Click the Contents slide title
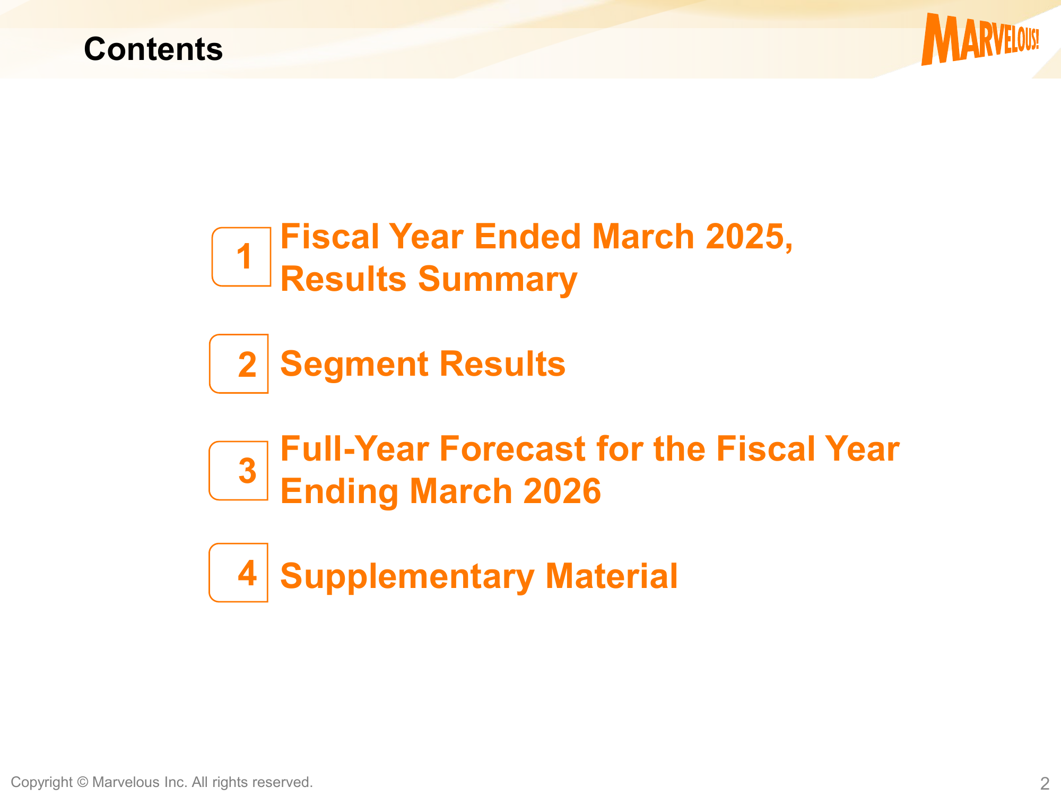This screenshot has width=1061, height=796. pyautogui.click(x=153, y=49)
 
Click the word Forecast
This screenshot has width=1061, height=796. pyautogui.click(x=512, y=449)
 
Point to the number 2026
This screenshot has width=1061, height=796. pyautogui.click(x=562, y=491)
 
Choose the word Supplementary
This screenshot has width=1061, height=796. pyautogui.click(x=407, y=577)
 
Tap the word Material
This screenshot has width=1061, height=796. pyautogui.click(x=612, y=576)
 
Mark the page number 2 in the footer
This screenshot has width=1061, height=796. pyautogui.click(x=1045, y=783)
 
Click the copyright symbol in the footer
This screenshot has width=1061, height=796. pyautogui.click(x=82, y=782)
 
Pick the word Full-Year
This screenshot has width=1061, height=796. pyautogui.click(x=354, y=449)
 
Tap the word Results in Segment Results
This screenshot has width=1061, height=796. pyautogui.click(x=502, y=364)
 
